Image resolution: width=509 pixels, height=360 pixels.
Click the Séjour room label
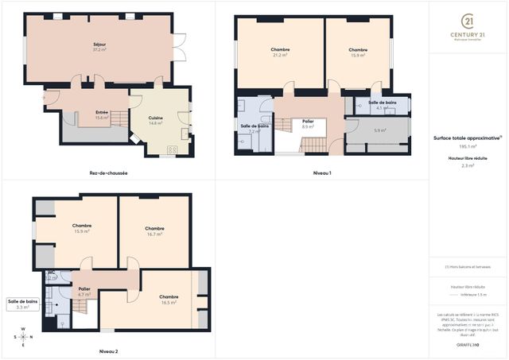point(99,47)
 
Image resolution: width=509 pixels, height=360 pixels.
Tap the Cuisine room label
point(156,120)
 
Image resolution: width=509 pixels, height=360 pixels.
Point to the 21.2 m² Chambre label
point(280,52)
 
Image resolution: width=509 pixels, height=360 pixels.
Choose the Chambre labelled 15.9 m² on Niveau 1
point(357,52)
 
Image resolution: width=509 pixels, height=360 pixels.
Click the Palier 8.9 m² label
point(308,124)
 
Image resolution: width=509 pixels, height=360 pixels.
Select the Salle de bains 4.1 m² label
point(382,106)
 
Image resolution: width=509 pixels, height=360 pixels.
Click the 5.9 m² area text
point(380,130)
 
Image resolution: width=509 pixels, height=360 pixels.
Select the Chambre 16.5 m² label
point(169,300)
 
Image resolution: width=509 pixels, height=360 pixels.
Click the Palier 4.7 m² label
point(84,292)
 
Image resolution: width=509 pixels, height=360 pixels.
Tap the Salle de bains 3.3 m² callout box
point(22,304)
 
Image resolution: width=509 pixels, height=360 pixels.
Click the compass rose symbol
point(23,336)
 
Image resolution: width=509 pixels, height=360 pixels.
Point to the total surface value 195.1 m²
point(467,146)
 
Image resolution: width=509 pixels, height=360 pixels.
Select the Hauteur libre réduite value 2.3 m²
point(467,165)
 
